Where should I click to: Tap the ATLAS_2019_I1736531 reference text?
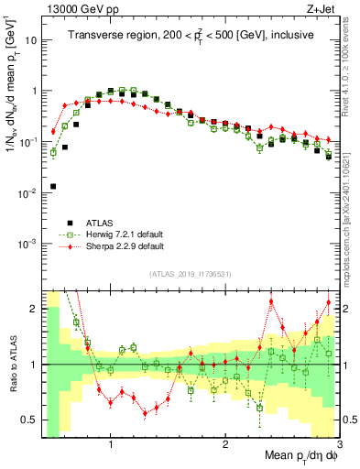click(191, 274)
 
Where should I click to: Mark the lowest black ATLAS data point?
click(53, 186)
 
